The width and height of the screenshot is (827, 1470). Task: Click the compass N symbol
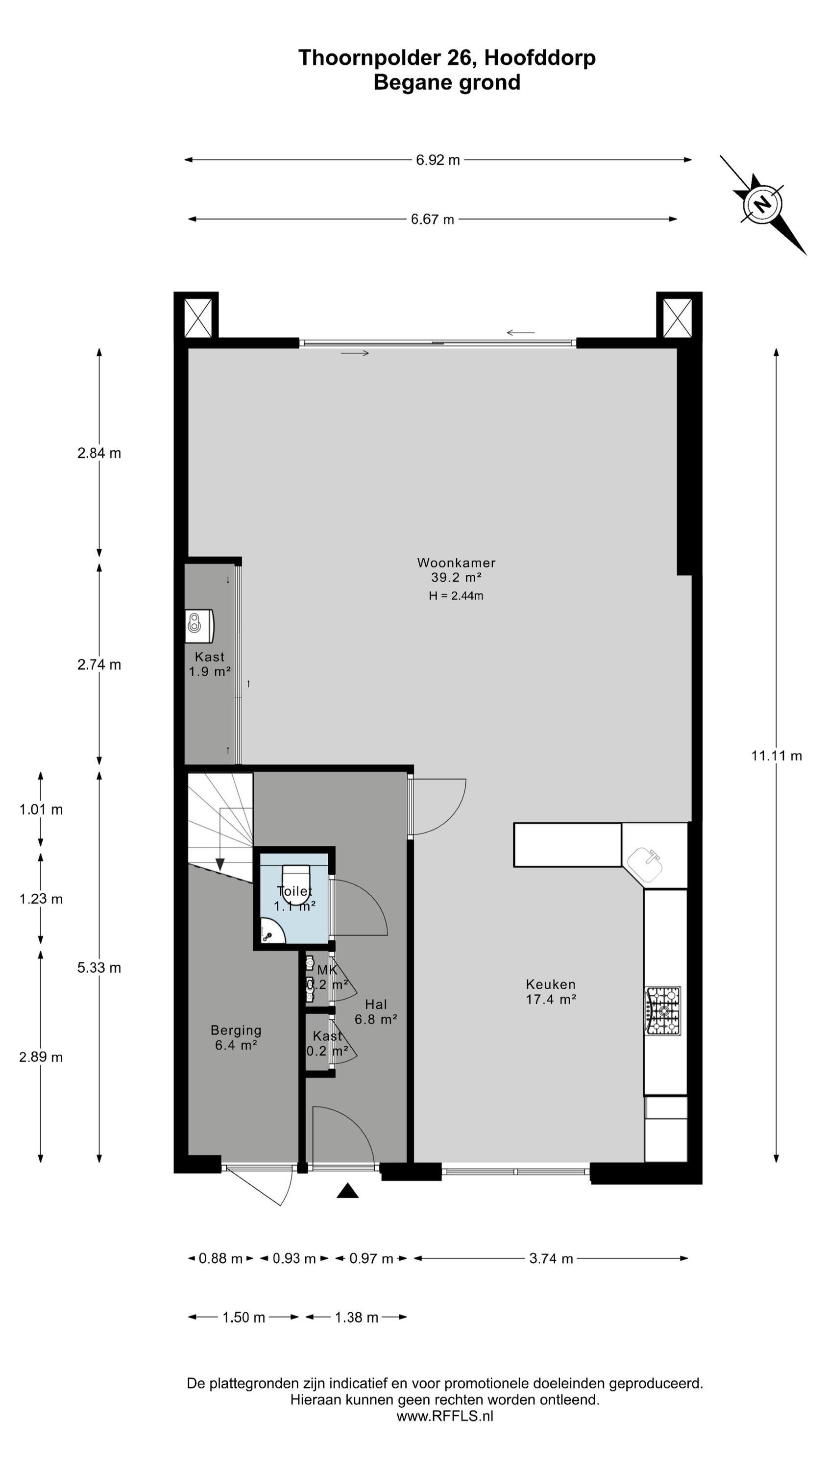pos(762,204)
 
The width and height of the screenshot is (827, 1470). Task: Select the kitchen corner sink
pos(646,864)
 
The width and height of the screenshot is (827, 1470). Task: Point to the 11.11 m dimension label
pos(776,756)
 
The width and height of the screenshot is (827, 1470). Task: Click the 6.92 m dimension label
pos(438,160)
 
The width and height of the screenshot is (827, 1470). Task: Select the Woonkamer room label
pos(456,563)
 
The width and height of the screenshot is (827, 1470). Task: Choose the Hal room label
pos(376,1004)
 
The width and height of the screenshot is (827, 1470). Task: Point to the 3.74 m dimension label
pos(551,1259)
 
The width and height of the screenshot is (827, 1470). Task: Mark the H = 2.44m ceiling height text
pos(456,596)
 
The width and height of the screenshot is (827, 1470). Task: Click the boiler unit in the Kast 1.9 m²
pos(199,626)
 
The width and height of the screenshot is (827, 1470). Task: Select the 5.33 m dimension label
pos(99,968)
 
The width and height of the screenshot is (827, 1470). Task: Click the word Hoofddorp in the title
pos(540,58)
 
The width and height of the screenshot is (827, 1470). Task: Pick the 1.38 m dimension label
pos(357,1317)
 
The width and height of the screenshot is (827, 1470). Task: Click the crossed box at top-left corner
pos(197,318)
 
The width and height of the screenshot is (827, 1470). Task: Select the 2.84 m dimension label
pos(99,453)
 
